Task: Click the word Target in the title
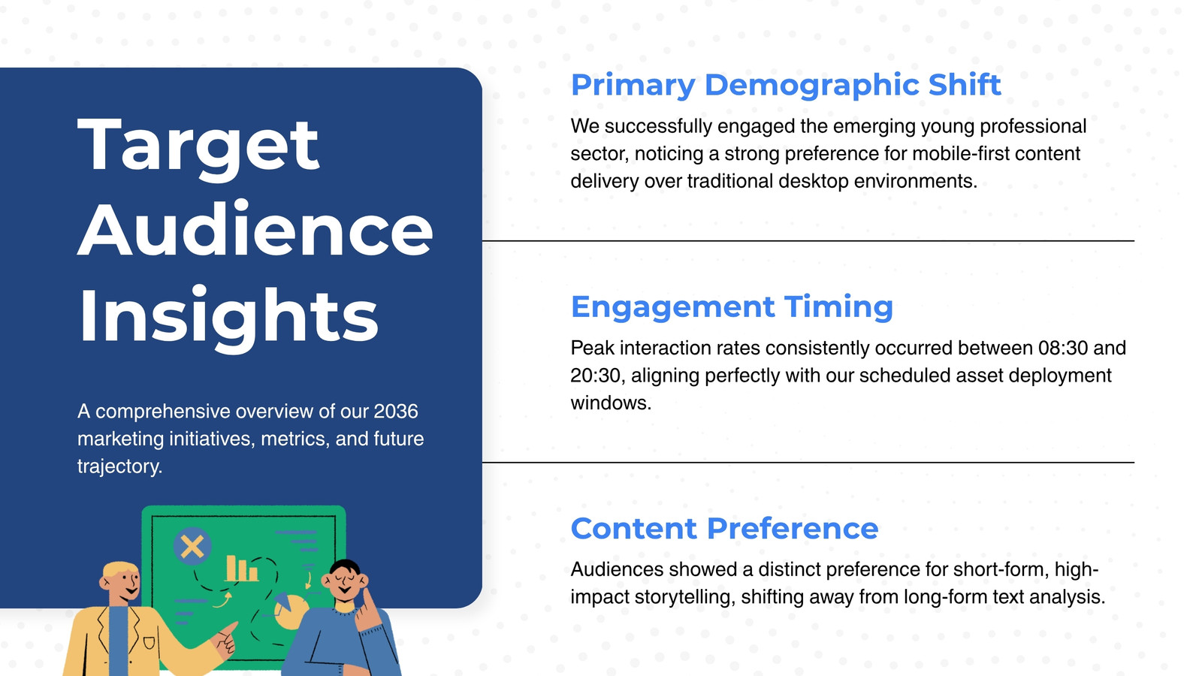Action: click(198, 146)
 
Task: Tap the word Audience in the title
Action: click(255, 229)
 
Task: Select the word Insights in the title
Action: click(228, 316)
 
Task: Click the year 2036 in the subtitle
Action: click(395, 412)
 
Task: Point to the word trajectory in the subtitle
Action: click(119, 466)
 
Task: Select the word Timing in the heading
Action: click(838, 308)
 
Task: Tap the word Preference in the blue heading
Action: click(793, 529)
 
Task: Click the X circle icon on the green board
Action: click(192, 547)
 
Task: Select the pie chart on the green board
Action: click(290, 611)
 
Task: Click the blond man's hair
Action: click(119, 570)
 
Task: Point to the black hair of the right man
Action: click(344, 566)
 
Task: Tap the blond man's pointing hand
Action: click(225, 638)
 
